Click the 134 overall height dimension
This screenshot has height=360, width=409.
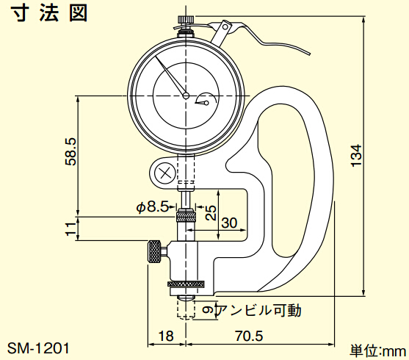point(356,155)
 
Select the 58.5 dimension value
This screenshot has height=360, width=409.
point(70,151)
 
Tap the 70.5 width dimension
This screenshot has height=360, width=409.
point(249,336)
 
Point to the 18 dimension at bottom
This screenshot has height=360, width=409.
point(166,336)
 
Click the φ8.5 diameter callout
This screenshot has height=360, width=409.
point(152,207)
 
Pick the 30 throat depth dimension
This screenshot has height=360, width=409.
point(229,223)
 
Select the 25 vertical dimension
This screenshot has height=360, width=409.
point(211,213)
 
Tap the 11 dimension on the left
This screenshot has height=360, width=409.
point(70,229)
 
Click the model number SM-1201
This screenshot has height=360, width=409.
point(38,348)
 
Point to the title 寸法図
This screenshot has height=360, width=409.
point(49,12)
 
